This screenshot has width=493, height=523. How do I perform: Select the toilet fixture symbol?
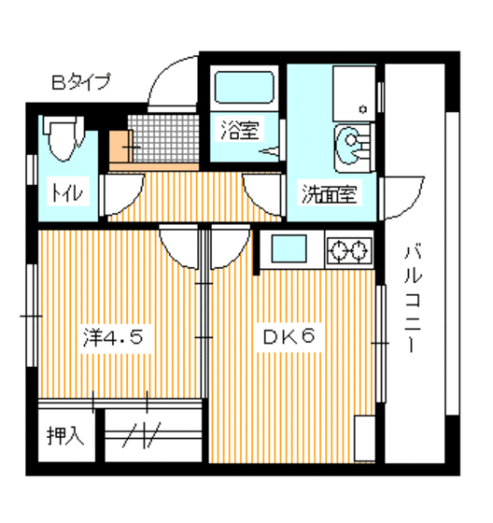tap(63, 140)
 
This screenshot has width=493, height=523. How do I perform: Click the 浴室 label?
tap(239, 130)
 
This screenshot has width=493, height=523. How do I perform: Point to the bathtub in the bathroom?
tap(243, 90)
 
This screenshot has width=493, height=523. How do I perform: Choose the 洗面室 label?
tap(327, 195)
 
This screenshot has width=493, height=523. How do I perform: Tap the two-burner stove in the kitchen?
tap(348, 249)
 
